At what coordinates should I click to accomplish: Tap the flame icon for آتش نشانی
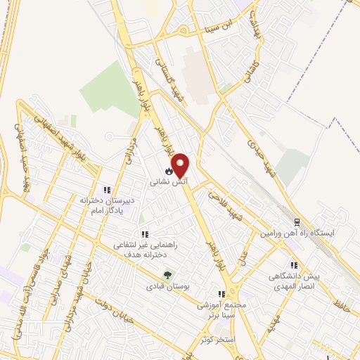pos(169,170)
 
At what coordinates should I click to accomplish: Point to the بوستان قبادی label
pos(164,287)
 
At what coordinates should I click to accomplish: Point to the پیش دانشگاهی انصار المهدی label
pos(296,281)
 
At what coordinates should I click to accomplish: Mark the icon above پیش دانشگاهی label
pos(295,266)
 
